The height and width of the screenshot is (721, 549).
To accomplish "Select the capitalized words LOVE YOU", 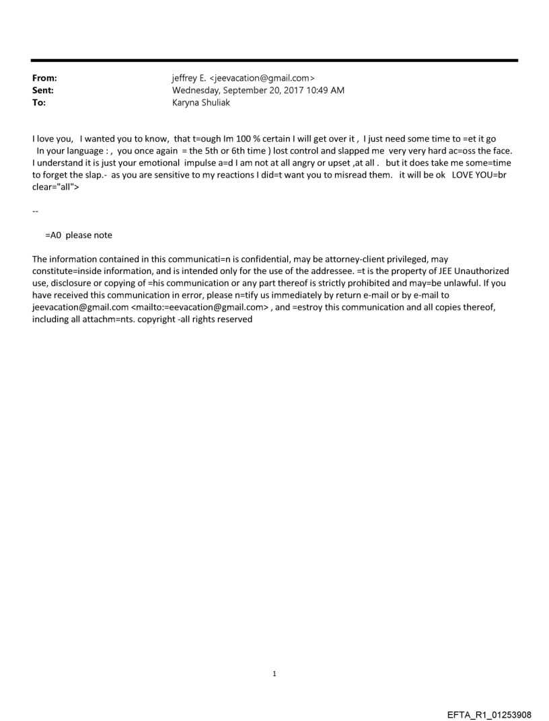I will tap(468, 174).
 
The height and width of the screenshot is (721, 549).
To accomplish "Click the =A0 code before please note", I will tap(54, 235).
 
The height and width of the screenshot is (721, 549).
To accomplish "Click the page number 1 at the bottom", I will tap(274, 673).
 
